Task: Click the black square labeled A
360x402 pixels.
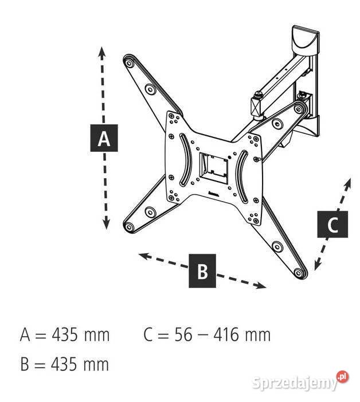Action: pos(104,138)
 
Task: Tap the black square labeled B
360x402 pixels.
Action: pos(202,271)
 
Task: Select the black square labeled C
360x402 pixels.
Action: pos(332,224)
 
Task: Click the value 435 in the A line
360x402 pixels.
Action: pos(64,335)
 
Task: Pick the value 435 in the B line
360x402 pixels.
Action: pos(64,364)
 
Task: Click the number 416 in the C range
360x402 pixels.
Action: pos(226,335)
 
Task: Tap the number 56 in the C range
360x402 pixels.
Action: pos(183,335)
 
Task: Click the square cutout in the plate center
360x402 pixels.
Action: pos(213,168)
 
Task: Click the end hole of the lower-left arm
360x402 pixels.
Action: pos(129,227)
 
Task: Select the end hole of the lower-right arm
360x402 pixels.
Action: pos(299,273)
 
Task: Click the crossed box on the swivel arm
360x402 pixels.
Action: pos(255,107)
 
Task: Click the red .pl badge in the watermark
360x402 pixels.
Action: pos(343,377)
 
